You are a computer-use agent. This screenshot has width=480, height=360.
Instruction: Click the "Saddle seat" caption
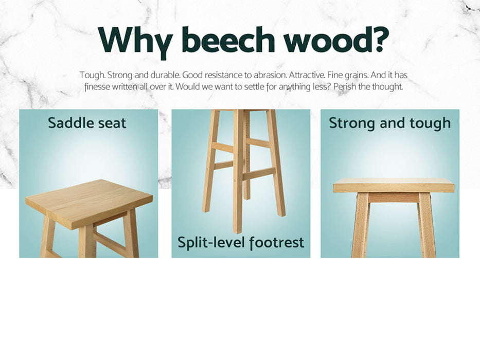point(87,123)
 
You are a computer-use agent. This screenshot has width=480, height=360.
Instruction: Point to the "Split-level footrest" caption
point(241,243)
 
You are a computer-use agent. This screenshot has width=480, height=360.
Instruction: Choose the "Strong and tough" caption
point(389,123)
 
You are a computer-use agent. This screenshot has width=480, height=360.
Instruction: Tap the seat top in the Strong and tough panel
point(394,185)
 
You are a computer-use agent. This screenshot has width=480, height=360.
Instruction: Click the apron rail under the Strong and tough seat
point(394,197)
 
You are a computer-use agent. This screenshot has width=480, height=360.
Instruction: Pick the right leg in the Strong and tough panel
point(426,225)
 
